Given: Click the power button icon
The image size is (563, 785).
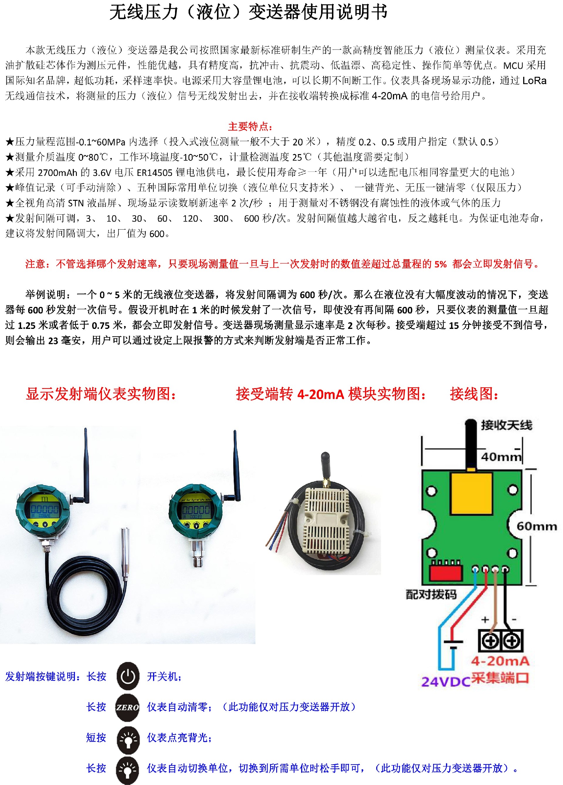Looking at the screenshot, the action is pos(128,676).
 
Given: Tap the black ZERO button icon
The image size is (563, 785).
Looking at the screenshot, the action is pos(128,707).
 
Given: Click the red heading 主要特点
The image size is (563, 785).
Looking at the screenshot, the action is pos(250,126).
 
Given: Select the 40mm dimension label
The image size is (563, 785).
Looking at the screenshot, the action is pos(501,457).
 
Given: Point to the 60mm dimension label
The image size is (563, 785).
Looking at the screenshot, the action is pos(537,526).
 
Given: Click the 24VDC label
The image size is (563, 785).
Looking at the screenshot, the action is pos(446,682).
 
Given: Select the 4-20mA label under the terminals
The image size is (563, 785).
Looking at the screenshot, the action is pos(500,661).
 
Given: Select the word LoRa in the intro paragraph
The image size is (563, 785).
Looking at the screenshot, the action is pos(534,81).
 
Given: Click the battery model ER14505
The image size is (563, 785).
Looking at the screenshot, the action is pos(155,172).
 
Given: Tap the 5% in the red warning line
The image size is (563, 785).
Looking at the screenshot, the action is pos(440,264).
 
